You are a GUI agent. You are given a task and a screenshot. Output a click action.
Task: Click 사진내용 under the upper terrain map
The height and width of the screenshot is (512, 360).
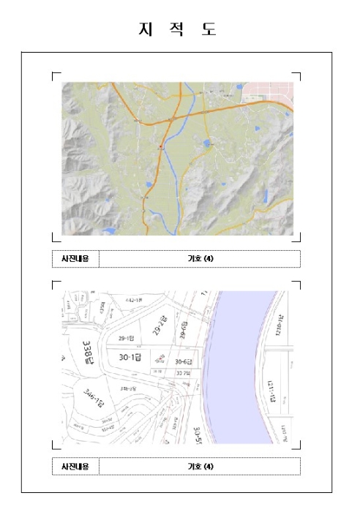pos(75,259)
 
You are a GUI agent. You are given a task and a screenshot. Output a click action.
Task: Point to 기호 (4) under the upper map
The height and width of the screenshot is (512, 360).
pos(200,259)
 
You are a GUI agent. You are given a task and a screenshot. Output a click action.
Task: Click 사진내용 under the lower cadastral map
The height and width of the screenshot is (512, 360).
pos(75,467)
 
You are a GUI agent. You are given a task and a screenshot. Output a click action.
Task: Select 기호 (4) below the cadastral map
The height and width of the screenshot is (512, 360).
pos(200,467)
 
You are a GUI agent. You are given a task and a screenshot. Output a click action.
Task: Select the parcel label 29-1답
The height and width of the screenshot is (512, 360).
pos(127,339)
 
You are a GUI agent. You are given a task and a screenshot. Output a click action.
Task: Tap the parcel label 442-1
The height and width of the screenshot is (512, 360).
pos(135,301)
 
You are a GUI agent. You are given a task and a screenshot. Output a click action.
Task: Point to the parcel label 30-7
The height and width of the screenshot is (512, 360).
pos(184,372)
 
